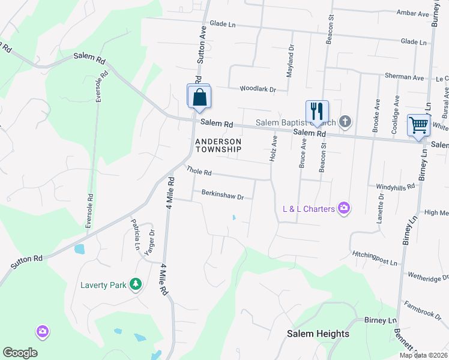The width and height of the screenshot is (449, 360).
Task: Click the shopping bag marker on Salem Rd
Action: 199,97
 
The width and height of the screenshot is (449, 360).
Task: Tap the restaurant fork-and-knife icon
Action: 317,111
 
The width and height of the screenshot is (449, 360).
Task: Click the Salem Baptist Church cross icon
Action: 345,122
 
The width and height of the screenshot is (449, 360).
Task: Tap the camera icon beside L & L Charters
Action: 343,208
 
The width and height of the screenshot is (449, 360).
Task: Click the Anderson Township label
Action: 218,145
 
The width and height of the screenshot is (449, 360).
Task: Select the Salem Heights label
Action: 318,334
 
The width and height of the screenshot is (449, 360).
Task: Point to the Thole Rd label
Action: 199,172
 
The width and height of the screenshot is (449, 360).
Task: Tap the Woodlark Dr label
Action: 258,89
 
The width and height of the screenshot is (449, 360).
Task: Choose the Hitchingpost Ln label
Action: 375,258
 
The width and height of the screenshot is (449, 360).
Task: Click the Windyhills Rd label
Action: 396,187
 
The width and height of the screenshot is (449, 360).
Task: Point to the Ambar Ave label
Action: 411,13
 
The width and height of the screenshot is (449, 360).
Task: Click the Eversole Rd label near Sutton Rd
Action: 89,211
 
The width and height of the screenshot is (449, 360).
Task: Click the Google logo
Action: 20,353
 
